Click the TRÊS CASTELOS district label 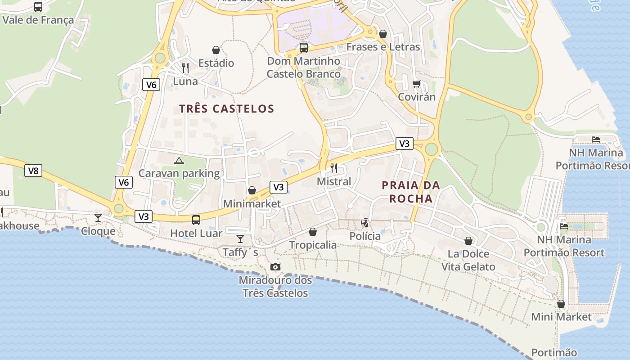pos(226,109)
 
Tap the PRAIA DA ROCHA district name pos(411,192)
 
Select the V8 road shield pos(33,171)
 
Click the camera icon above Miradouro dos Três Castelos pos(275,267)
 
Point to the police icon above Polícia pos(365,222)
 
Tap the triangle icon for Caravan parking pos(179,161)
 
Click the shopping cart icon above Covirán pos(417,84)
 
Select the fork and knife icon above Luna pos(185,68)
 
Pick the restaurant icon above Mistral pos(334,168)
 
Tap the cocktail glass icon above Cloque pos(98,218)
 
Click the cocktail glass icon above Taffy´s pos(240,238)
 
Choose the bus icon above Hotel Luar pos(196,220)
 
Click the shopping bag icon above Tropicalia pos(313,232)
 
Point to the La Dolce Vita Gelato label pos(468,260)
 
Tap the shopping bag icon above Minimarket pos(252,190)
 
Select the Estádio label pos(216,63)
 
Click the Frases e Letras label pos(383,47)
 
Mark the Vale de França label pos(38,20)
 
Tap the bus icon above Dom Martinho pos(304,47)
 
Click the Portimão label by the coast pos(554,352)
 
